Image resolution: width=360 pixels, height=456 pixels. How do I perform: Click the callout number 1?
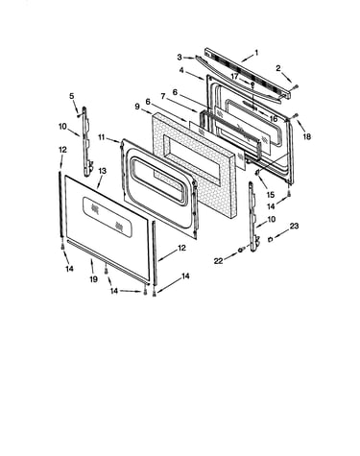point(256,53)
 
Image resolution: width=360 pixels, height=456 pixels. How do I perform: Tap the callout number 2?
point(278,68)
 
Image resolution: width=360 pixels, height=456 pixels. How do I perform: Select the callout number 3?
point(180,58)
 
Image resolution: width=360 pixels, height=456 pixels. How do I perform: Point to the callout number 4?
point(181,70)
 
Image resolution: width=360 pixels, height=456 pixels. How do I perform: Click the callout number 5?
point(72,96)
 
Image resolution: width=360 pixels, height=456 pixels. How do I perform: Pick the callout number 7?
point(163,96)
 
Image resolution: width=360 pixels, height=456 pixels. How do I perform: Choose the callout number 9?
point(137,107)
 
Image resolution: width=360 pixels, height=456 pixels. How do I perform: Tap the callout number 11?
point(102,137)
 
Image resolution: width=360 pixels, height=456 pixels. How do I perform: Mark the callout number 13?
point(102,171)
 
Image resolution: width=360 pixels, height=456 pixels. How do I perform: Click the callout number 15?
point(271,194)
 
